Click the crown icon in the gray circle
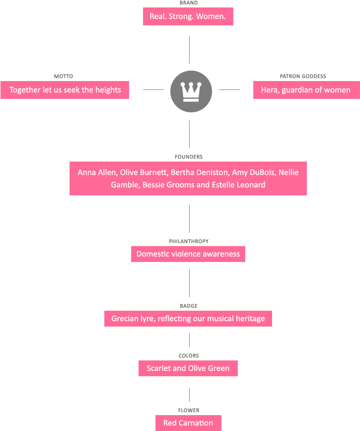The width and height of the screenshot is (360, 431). [191, 92]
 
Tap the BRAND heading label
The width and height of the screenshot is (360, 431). [189, 3]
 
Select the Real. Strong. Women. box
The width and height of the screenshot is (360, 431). [188, 16]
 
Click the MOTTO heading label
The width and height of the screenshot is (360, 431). [64, 77]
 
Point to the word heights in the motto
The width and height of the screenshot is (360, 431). [108, 90]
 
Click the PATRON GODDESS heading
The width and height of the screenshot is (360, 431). [303, 77]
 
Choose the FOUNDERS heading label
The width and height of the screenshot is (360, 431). [189, 157]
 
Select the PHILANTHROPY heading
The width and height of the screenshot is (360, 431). [189, 241]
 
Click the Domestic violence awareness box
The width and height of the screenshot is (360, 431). [188, 254]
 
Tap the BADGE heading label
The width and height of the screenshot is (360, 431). [189, 306]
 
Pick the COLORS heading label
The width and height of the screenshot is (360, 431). [189, 355]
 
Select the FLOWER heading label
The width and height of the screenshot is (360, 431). [189, 411]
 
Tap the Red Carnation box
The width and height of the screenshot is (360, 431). [188, 423]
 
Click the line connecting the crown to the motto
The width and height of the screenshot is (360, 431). [153, 89]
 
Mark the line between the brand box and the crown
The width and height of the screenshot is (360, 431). [189, 50]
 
